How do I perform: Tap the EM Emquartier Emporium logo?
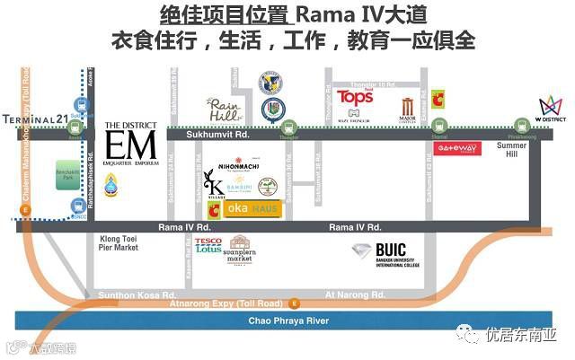coord(130,142)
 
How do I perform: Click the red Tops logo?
coord(355,97)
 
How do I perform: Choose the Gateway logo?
coord(457,148)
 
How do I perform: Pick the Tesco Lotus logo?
coord(208,246)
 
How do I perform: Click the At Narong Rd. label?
coord(355,294)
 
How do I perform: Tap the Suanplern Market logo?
coord(240,250)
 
